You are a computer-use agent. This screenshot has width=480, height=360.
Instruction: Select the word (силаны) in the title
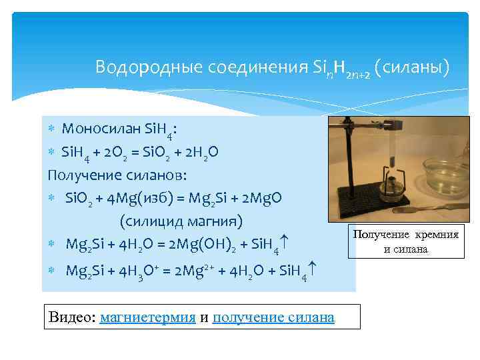[412, 67]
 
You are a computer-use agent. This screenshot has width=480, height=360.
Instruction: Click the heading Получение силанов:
[117, 175]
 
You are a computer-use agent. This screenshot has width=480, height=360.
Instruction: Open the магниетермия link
[147, 317]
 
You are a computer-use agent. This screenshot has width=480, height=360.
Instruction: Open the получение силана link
[273, 317]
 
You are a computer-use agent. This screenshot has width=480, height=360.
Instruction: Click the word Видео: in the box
[72, 317]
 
